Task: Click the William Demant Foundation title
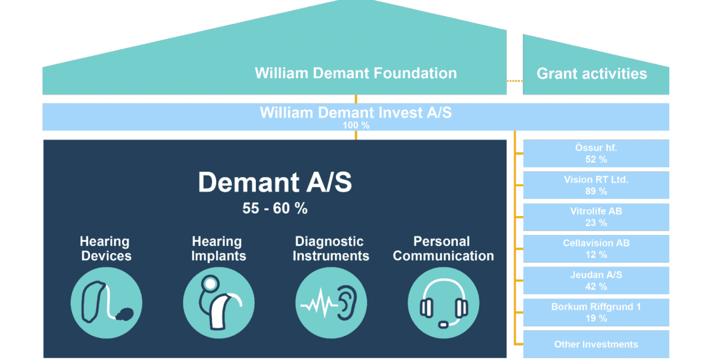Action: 355,73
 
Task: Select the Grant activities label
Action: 592,74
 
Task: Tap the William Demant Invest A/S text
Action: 355,112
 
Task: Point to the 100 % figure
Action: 356,125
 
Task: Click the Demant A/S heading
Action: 275,182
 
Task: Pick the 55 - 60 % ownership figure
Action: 275,209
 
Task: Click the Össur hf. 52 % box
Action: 596,154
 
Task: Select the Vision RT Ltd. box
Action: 596,185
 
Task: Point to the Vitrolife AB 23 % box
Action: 596,217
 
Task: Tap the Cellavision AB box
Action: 596,249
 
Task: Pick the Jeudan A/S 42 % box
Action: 596,281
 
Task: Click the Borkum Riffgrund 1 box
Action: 596,312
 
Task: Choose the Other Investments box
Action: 596,344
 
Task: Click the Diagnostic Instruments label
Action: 331,249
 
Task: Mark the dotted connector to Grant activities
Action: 514,81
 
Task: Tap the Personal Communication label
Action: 443,249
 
